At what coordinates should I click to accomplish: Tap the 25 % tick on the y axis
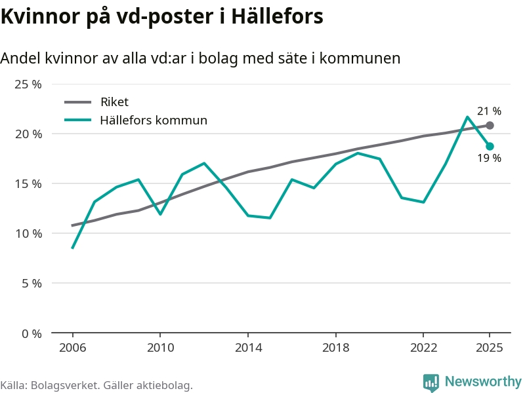(x=28, y=84)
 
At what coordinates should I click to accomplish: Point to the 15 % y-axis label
(x=28, y=184)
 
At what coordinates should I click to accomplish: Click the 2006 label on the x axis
(x=72, y=348)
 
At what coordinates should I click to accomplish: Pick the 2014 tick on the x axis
(x=247, y=348)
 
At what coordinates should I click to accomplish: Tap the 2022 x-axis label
(x=423, y=348)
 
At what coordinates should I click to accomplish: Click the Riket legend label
(x=114, y=102)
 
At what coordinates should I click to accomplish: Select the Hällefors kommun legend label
(x=154, y=120)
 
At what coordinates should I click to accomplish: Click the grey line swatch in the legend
(x=79, y=102)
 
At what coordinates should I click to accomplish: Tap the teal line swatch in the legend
(x=79, y=120)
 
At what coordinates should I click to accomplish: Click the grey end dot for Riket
(x=490, y=125)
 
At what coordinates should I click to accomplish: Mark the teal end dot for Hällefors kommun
(x=490, y=146)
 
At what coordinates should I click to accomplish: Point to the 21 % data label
(x=489, y=111)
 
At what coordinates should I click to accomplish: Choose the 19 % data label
(x=489, y=159)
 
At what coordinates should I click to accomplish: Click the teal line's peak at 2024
(x=467, y=117)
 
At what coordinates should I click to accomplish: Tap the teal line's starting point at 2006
(x=72, y=248)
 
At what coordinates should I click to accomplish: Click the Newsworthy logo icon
(x=431, y=383)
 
